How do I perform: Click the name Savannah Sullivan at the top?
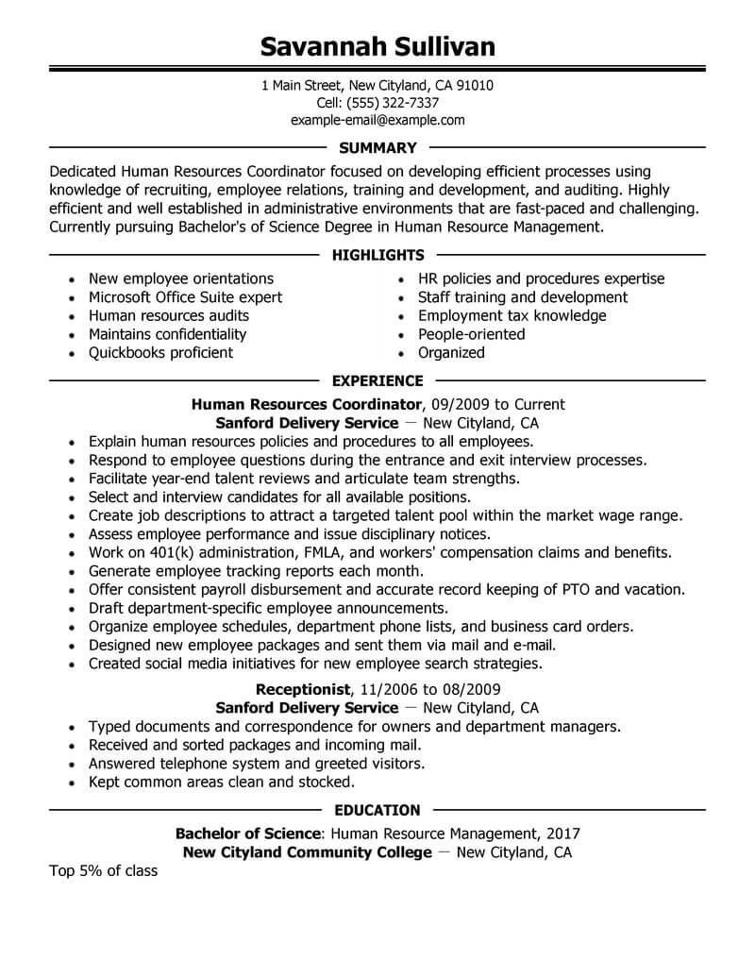(x=377, y=46)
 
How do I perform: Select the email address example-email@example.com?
(x=377, y=121)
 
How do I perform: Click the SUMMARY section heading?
(x=377, y=148)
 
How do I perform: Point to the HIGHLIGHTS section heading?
(x=377, y=255)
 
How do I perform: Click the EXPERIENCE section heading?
(x=377, y=381)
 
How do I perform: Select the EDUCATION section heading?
(x=377, y=810)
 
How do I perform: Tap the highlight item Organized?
(x=451, y=353)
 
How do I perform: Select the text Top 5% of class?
(x=103, y=871)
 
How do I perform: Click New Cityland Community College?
(x=307, y=852)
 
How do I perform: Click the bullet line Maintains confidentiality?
(x=167, y=334)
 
